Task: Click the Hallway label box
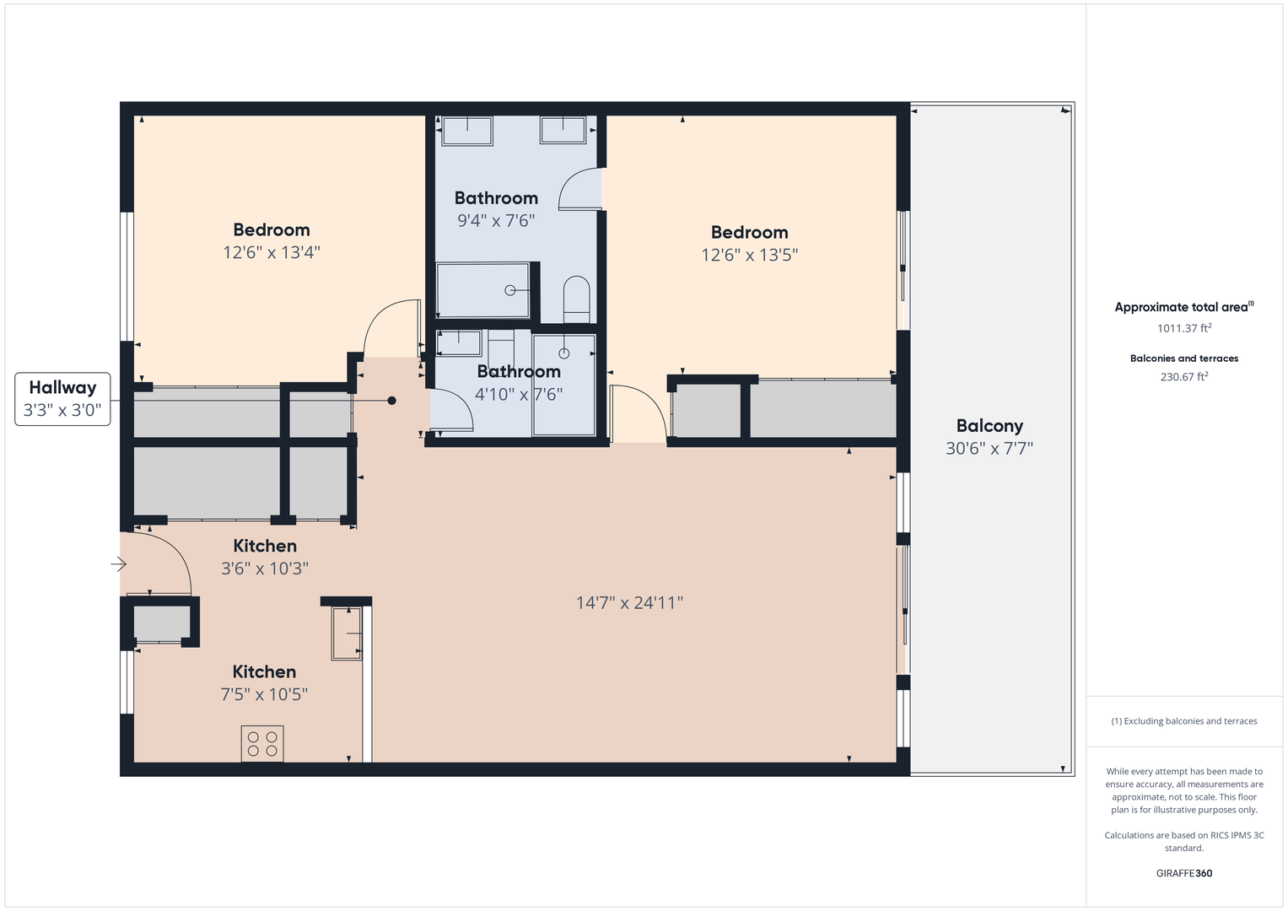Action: pos(62,399)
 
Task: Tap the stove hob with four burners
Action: pos(262,743)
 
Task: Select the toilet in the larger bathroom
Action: pos(577,298)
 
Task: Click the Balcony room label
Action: pos(989,426)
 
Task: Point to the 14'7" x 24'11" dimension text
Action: pos(629,602)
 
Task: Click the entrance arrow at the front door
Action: pos(118,564)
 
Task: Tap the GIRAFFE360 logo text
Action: pos(1183,873)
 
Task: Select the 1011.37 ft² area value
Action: pos(1183,328)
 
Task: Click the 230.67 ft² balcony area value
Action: pos(1183,377)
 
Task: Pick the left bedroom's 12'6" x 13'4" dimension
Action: pos(272,252)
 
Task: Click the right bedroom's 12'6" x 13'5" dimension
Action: pos(749,255)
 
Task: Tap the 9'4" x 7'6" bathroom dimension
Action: pos(496,221)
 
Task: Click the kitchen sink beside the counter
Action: pos(347,633)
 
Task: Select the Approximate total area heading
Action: pos(1183,307)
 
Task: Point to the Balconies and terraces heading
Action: pos(1183,358)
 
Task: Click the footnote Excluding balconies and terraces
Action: pos(1183,721)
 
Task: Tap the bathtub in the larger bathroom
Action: pos(482,290)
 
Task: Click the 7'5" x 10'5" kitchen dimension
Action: pos(264,694)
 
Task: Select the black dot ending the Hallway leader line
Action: pos(391,401)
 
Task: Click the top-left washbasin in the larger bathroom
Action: pos(466,131)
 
